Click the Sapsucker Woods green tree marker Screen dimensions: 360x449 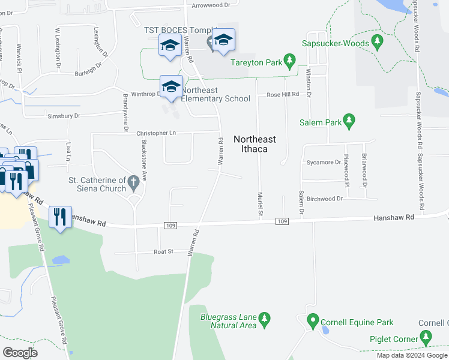click(x=378, y=43)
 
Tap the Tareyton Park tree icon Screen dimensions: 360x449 click(x=289, y=61)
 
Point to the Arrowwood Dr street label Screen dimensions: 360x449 click(x=211, y=5)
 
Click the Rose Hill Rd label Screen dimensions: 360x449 click(x=282, y=95)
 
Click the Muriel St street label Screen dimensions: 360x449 click(x=261, y=204)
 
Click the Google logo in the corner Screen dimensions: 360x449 click(x=20, y=352)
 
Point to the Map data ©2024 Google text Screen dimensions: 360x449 click(x=411, y=355)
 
